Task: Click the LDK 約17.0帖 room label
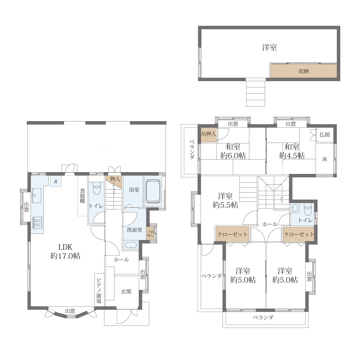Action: coord(65,251)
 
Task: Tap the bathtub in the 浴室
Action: coord(153,191)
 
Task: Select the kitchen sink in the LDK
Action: coord(37,196)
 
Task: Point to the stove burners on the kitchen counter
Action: coord(37,223)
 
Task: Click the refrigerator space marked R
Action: coord(56,181)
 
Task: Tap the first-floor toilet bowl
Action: coord(97,188)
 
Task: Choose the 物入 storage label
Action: coord(115,179)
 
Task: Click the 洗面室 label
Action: coord(134,230)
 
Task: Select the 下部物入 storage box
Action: coord(150,234)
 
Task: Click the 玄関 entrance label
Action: coord(126,291)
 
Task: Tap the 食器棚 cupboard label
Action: coord(82,196)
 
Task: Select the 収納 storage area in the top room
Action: coord(303,71)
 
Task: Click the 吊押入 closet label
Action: coord(209,134)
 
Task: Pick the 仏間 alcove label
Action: coord(325,135)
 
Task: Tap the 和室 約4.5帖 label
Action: coord(292,151)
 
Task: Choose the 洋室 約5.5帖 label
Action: coord(225,201)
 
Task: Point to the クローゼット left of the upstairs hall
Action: coord(232,234)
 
